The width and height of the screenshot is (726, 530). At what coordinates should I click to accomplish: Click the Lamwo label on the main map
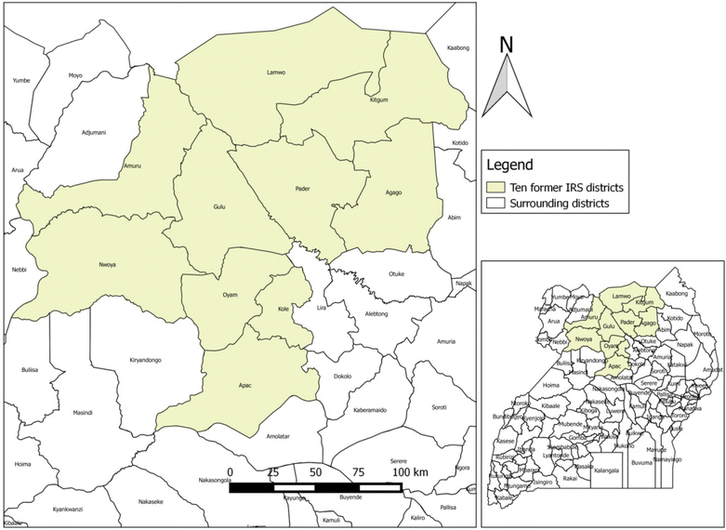(x=274, y=72)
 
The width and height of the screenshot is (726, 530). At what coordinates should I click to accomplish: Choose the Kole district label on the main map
(x=283, y=310)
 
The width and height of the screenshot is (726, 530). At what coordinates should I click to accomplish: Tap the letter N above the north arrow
(x=507, y=44)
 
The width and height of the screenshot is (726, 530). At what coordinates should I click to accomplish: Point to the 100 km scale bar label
(x=409, y=473)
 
